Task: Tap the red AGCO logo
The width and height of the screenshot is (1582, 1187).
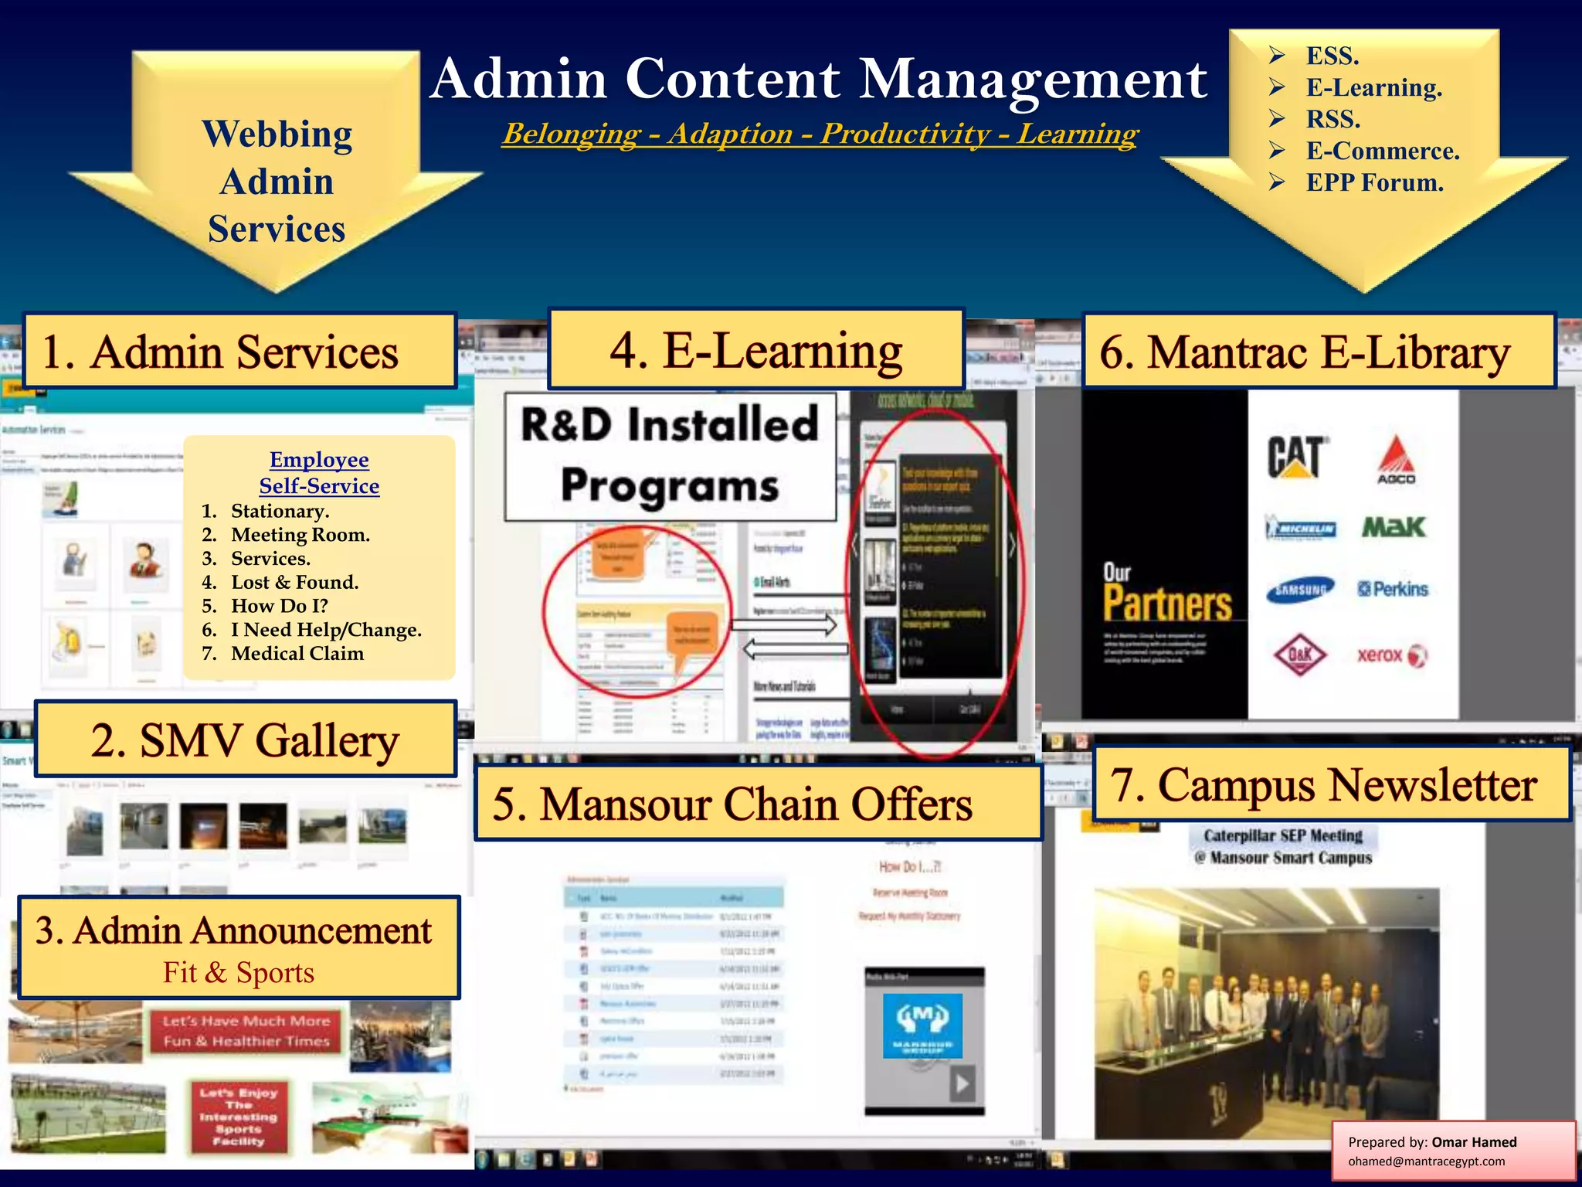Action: tap(1396, 460)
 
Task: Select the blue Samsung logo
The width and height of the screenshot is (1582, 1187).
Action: tap(1301, 590)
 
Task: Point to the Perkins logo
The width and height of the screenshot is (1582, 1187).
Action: tap(1394, 590)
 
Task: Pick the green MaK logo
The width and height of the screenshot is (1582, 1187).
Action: tap(1394, 528)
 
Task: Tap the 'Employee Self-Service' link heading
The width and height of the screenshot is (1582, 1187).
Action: tap(319, 472)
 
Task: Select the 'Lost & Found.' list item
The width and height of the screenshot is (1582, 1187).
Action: tap(294, 582)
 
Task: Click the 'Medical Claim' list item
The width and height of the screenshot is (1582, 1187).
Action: tap(297, 654)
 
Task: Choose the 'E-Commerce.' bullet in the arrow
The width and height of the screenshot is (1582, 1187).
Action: tap(1383, 151)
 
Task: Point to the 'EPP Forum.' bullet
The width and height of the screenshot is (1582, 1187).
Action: tap(1374, 182)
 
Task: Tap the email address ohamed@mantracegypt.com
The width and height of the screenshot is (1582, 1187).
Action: tap(1426, 1161)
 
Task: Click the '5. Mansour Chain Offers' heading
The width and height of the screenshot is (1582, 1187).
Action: tap(732, 804)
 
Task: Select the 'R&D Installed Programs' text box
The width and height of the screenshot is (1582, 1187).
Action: tap(670, 456)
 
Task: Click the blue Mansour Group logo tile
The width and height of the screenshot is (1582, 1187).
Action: tap(922, 1025)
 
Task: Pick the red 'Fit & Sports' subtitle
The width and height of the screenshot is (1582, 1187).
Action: tap(239, 972)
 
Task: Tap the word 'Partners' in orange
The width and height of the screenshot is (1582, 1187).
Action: tap(1167, 604)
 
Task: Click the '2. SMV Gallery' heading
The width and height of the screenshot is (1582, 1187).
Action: tap(245, 740)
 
